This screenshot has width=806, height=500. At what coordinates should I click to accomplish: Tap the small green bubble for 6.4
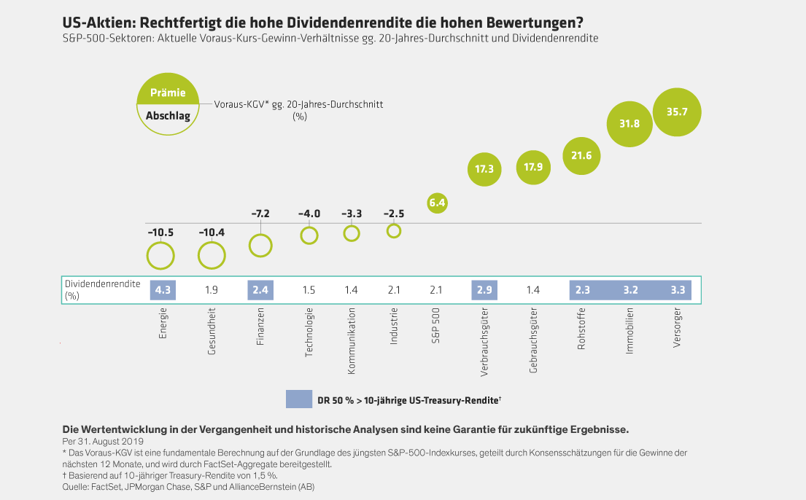[x=437, y=203]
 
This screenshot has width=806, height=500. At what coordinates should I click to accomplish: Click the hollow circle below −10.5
[x=160, y=256]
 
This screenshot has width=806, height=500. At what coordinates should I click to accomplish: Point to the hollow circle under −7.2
[x=260, y=246]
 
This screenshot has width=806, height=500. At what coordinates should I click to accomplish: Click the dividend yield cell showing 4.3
[x=161, y=290]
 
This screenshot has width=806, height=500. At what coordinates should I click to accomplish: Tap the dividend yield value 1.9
[x=211, y=290]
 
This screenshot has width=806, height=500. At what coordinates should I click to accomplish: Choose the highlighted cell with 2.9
[x=484, y=290]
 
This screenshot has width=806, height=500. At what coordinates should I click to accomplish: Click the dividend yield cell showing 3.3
[x=678, y=290]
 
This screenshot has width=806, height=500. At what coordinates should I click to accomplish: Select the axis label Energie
[x=162, y=324]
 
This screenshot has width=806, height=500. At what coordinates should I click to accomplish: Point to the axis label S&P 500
[x=437, y=327]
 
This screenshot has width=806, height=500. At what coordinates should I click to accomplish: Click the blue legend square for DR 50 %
[x=298, y=399]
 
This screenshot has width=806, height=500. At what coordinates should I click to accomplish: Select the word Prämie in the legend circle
[x=167, y=93]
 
